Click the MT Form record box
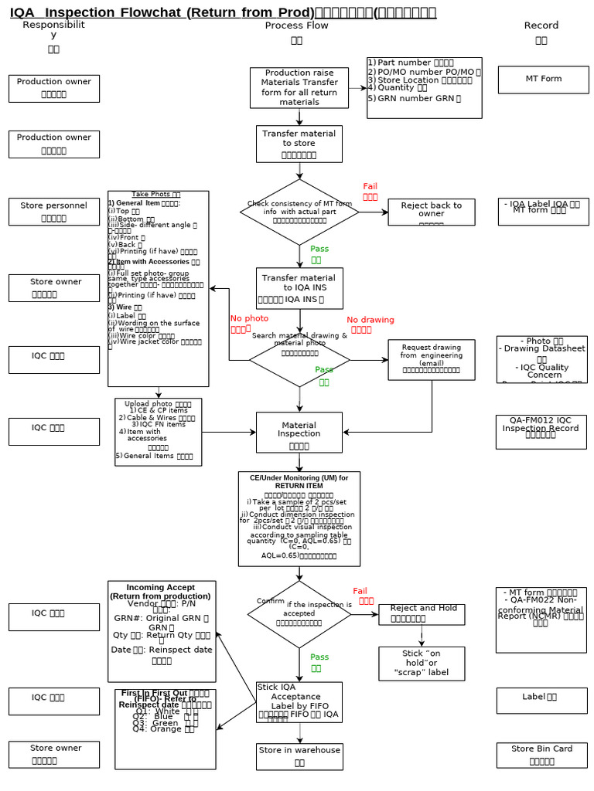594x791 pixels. pyautogui.click(x=543, y=80)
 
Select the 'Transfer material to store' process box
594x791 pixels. pyautogui.click(x=299, y=144)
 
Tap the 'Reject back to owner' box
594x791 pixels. pyautogui.click(x=431, y=212)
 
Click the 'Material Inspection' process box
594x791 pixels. pyautogui.click(x=299, y=433)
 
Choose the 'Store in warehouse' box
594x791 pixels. pyautogui.click(x=299, y=756)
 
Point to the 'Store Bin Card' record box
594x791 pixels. pyautogui.click(x=541, y=755)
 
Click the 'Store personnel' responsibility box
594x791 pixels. pyautogui.click(x=54, y=212)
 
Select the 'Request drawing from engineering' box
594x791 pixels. pyautogui.click(x=431, y=360)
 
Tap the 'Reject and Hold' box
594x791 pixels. pyautogui.click(x=422, y=614)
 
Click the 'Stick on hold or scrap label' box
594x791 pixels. pyautogui.click(x=422, y=664)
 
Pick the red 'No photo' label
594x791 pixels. pyautogui.click(x=249, y=323)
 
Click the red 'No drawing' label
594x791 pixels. pyautogui.click(x=370, y=324)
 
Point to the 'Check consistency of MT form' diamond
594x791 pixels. pyautogui.click(x=299, y=212)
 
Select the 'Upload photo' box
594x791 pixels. pyautogui.click(x=158, y=432)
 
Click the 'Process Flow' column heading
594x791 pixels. pyautogui.click(x=296, y=25)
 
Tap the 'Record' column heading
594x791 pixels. pyautogui.click(x=541, y=25)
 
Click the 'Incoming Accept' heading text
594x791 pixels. pyautogui.click(x=161, y=587)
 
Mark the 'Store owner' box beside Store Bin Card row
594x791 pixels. pyautogui.click(x=54, y=755)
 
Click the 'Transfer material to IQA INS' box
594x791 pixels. pyautogui.click(x=299, y=288)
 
